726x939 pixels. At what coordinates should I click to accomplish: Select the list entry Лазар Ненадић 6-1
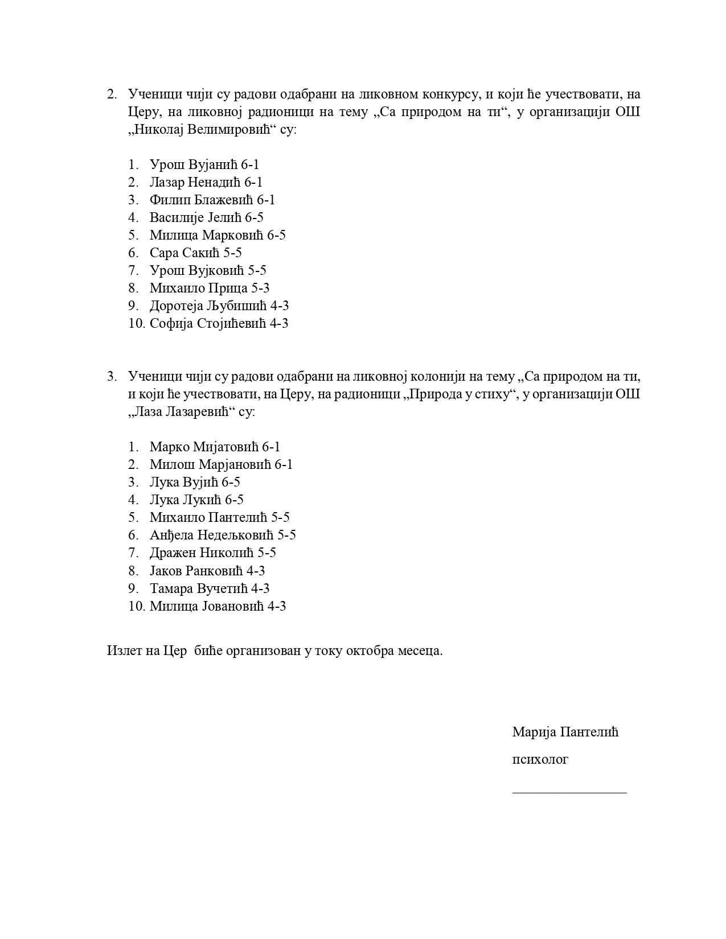click(206, 183)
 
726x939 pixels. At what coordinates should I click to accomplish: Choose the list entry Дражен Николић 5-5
click(212, 553)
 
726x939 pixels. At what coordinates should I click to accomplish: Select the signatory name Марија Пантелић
click(565, 732)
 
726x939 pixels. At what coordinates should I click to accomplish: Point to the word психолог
click(540, 760)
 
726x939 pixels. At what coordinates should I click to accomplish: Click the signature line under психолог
click(569, 792)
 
